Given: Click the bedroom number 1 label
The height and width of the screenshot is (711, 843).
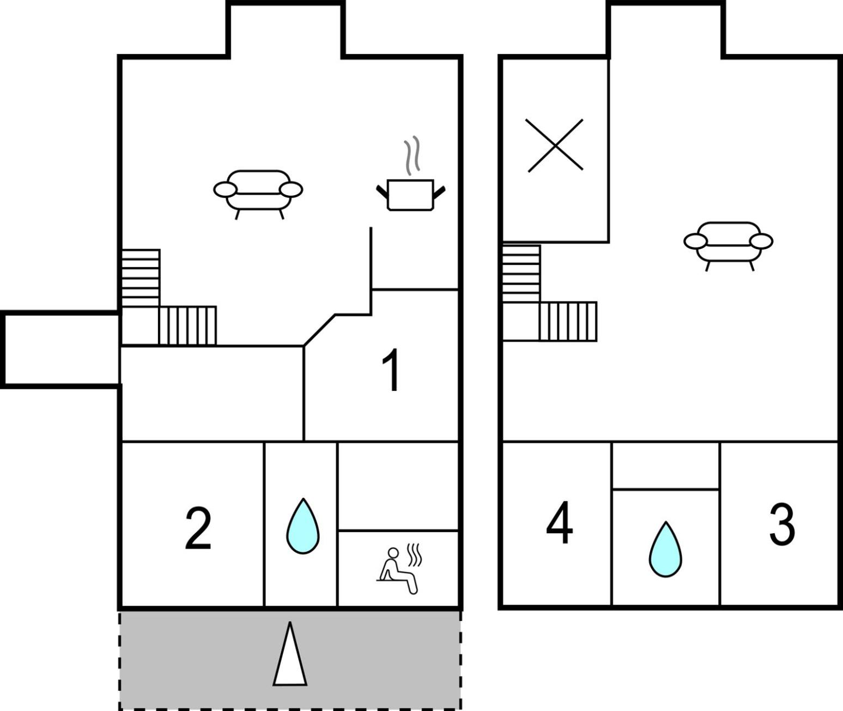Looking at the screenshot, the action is [391, 370].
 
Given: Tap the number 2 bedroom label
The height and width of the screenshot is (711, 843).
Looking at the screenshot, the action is [198, 528].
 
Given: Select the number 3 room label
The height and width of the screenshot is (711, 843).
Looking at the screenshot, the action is [782, 525].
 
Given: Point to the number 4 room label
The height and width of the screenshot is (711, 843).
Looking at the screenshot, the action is [559, 522].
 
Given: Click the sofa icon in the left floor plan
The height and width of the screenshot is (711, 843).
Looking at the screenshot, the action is [258, 195].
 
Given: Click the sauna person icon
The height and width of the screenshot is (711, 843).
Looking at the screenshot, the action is [398, 569].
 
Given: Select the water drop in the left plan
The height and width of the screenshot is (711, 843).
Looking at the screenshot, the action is [303, 526].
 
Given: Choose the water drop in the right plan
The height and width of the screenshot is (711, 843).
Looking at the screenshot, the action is [665, 550].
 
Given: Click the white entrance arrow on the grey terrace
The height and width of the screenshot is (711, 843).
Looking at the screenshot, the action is [290, 654].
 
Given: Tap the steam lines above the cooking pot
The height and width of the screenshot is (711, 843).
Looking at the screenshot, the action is [412, 155].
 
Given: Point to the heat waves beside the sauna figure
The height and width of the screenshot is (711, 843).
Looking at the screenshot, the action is [414, 555].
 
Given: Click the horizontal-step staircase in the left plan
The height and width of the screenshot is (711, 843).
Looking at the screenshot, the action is [141, 278].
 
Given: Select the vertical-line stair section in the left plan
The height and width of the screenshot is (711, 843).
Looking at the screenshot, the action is [187, 326].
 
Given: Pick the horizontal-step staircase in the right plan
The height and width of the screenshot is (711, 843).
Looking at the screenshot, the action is [521, 274].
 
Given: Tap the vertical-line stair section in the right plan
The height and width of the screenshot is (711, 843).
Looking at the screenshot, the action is [568, 321].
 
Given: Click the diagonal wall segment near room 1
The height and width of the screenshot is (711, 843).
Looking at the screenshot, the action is [319, 330].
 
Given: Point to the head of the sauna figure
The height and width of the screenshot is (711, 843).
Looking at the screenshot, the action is [393, 553].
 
